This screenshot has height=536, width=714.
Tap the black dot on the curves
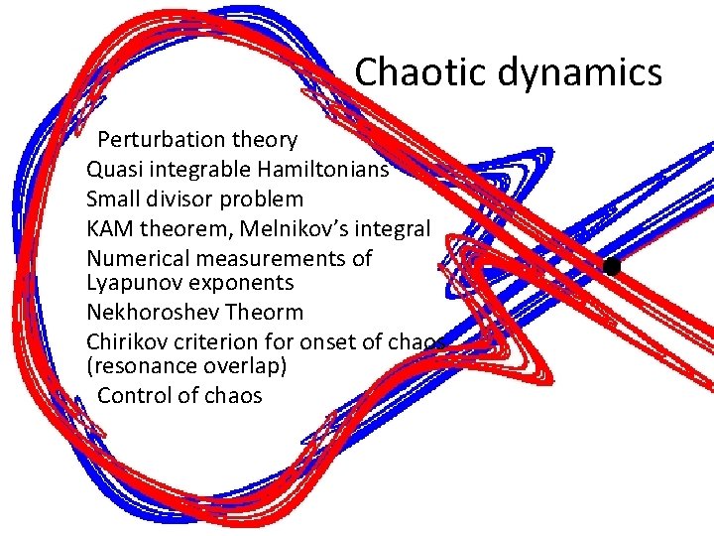click(x=611, y=266)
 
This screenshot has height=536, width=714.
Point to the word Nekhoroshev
click(x=153, y=313)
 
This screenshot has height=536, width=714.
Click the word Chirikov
click(x=127, y=341)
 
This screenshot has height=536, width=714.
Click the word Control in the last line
click(x=131, y=395)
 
